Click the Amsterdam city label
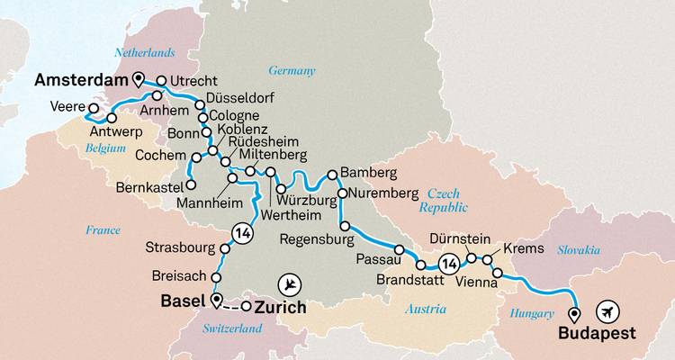80,81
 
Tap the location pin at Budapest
574,313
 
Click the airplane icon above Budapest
609,311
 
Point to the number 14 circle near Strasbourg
240,232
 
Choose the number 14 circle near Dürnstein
446,264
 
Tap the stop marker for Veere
93,109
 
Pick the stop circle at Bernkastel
191,186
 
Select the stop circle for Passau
399,248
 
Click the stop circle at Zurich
246,307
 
